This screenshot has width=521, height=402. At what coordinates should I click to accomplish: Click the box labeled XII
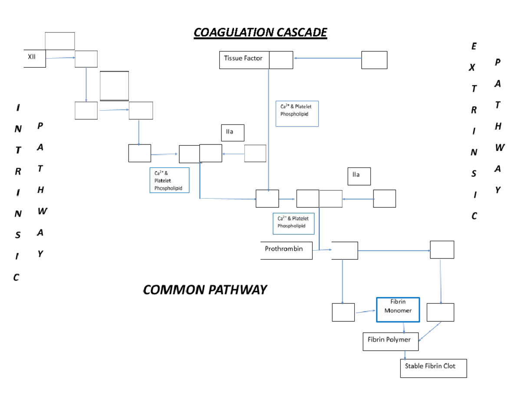(x=34, y=59)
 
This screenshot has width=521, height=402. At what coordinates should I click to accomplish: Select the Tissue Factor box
(x=244, y=60)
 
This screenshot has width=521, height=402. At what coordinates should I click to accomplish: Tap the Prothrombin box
(x=286, y=250)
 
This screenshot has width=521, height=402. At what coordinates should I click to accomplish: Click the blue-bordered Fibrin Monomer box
(x=398, y=310)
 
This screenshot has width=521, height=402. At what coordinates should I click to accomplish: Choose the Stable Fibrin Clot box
(x=433, y=368)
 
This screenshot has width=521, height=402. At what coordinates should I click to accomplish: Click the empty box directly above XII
(x=60, y=41)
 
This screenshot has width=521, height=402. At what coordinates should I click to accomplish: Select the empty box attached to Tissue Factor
(x=281, y=60)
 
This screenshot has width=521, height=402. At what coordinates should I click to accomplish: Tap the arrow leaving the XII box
(x=60, y=58)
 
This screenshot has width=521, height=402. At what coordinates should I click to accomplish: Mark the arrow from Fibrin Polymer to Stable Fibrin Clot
(x=405, y=355)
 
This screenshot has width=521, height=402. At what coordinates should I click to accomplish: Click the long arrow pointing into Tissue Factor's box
(x=327, y=58)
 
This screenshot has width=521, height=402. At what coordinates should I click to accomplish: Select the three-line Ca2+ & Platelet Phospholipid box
(x=169, y=180)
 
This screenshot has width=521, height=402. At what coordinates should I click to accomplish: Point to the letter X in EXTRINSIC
(x=472, y=68)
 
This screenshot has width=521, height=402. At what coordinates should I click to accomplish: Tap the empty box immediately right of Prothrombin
(x=345, y=251)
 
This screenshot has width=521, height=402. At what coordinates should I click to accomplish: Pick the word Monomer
(x=398, y=311)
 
